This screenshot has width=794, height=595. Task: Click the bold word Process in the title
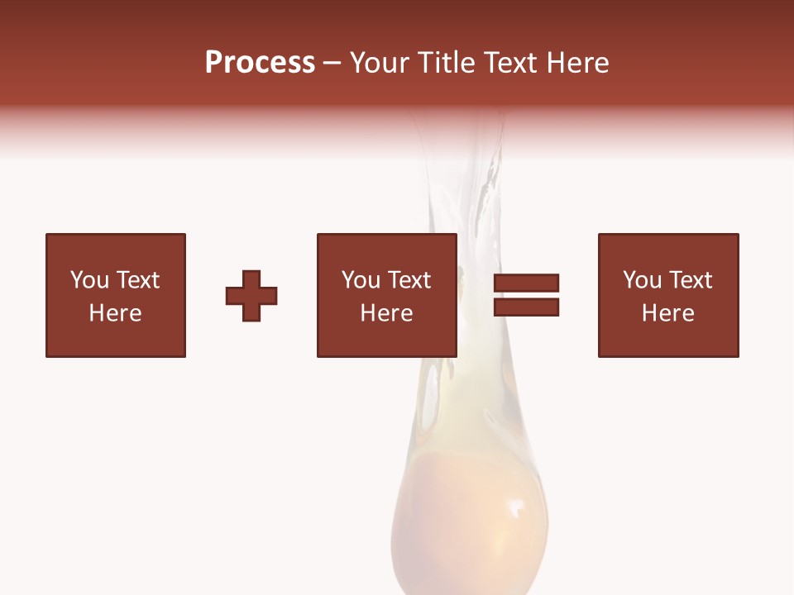click(x=260, y=63)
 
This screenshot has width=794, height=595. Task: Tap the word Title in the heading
click(x=445, y=63)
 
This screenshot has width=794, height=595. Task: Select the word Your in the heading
click(x=380, y=63)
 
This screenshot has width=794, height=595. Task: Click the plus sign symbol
click(x=251, y=296)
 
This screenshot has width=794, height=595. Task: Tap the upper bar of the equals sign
click(x=526, y=283)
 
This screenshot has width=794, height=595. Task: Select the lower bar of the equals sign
click(x=526, y=307)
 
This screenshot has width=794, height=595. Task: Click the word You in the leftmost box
click(x=89, y=280)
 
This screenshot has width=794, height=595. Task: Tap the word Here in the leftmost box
click(x=115, y=313)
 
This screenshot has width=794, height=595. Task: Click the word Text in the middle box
click(x=409, y=280)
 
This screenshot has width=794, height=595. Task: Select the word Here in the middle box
click(x=386, y=313)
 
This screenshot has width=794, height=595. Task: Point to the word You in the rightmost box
click(x=642, y=280)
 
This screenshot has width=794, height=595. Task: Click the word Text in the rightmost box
click(x=690, y=280)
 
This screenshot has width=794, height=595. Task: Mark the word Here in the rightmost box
click(x=667, y=313)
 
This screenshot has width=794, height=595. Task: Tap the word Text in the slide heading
click(x=509, y=63)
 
